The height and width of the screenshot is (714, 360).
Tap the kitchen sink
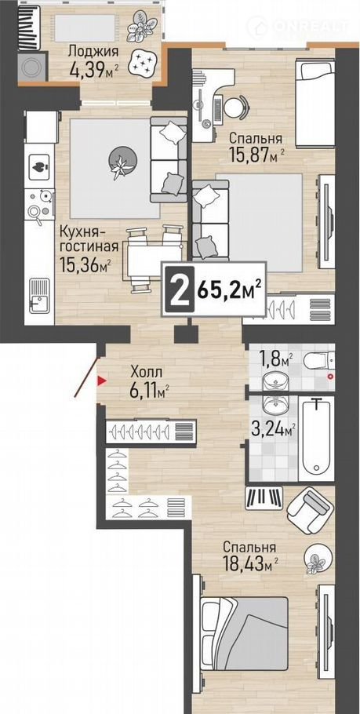click(x=39, y=295)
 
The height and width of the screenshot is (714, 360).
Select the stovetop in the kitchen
click(x=41, y=206)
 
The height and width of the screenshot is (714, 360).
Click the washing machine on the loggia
click(x=33, y=67)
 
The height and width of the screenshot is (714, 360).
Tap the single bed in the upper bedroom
click(x=315, y=104)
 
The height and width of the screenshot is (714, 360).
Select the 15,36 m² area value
click(x=85, y=264)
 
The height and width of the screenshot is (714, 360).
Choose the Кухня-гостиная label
click(x=89, y=239)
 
